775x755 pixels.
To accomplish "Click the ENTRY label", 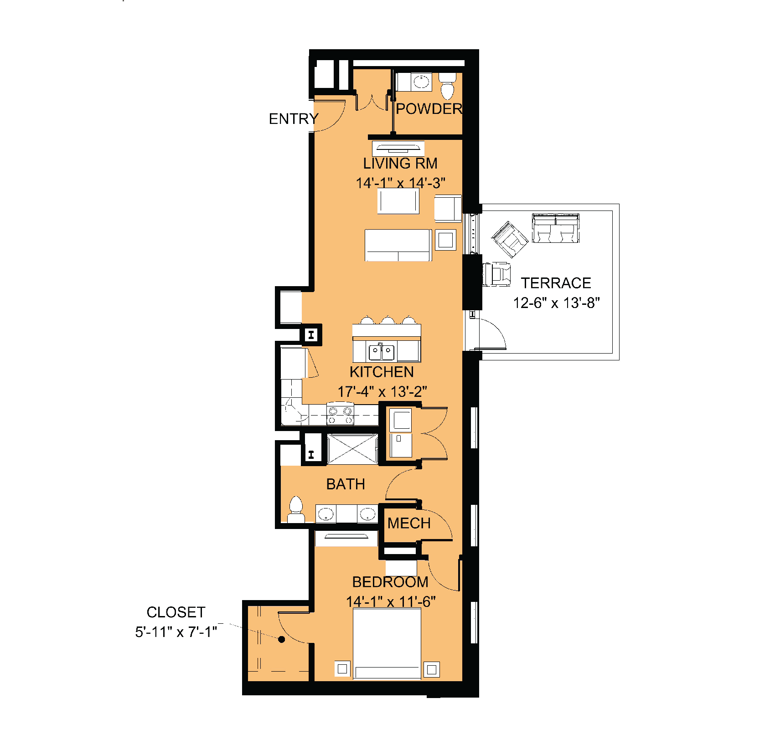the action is tap(294, 119).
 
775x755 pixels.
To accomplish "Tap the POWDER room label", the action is tap(429, 109).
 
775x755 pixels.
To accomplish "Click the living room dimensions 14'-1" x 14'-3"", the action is tap(400, 183).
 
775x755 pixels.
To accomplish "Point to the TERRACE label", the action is tap(556, 283).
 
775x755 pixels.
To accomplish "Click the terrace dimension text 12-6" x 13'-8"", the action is tap(556, 303).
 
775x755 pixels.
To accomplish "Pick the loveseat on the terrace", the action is tap(556, 228).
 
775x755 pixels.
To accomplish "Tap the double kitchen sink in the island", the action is tap(382, 351).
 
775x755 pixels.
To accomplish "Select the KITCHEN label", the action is tap(382, 372).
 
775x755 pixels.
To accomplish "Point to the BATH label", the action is tap(346, 484).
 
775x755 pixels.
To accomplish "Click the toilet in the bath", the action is tap(296, 509).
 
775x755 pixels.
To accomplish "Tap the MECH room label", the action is tap(409, 523).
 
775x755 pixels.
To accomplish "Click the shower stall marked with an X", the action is tap(352, 449).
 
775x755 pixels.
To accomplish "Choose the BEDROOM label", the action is tap(390, 582).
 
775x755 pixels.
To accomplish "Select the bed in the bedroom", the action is tap(387, 643).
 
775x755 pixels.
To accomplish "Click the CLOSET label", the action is tap(176, 612).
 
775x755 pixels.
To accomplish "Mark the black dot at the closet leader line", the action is tap(282, 639).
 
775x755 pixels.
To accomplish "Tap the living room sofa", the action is tap(398, 245).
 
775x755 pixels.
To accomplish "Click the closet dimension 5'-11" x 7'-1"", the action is tap(176, 632).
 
